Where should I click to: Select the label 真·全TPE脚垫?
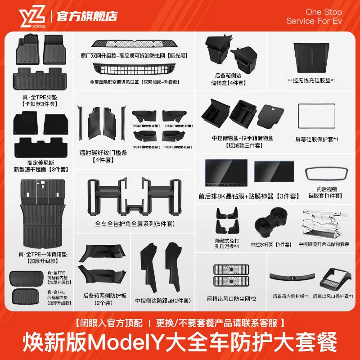pyautogui.click(x=41, y=96)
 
